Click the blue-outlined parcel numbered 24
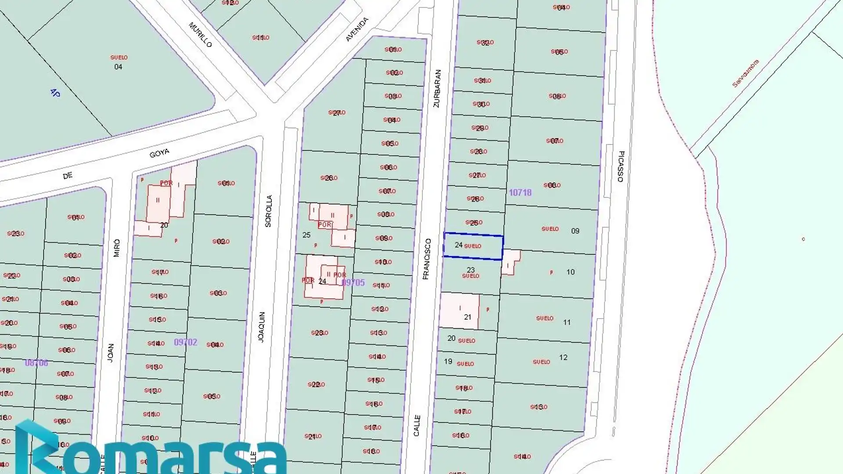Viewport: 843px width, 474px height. (473, 246)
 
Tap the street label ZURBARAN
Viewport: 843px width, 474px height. (437, 89)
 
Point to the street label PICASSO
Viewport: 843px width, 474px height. (621, 166)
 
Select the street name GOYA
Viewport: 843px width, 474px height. (159, 153)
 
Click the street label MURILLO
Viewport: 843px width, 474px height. (200, 35)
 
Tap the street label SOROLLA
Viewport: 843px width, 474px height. (269, 211)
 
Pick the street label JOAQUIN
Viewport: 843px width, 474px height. (262, 327)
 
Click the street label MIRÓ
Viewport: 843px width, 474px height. (117, 248)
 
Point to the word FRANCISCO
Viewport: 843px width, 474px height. (427, 259)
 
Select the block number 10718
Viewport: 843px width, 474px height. (520, 193)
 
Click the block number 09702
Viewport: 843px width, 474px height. (185, 342)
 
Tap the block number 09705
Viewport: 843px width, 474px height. (353, 283)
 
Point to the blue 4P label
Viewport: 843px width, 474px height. (55, 93)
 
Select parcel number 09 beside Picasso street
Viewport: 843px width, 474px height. (575, 231)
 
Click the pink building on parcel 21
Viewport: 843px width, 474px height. (459, 311)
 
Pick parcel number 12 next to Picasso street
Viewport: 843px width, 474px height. (563, 358)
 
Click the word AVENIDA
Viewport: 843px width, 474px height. (357, 29)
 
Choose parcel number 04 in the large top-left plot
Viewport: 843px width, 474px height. (118, 67)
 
